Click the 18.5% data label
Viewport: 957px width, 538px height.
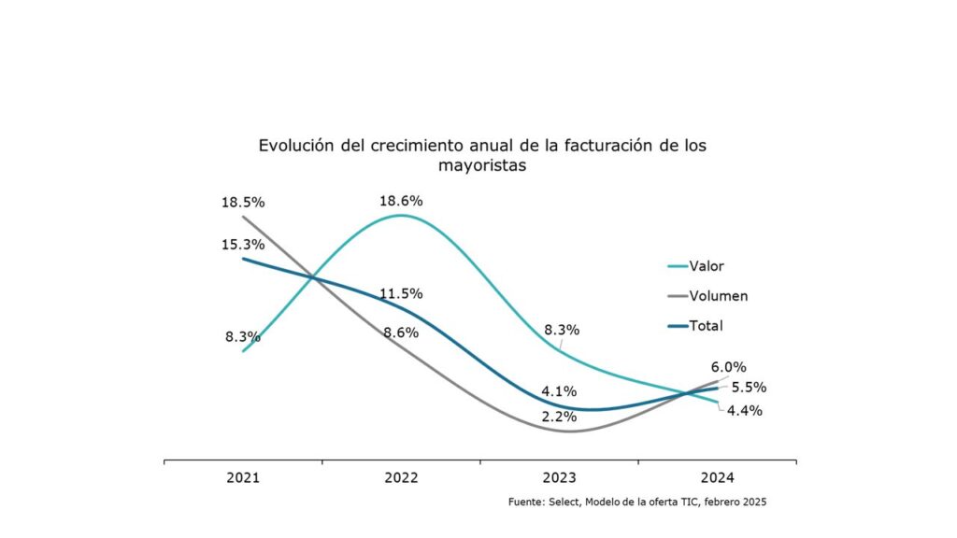243,202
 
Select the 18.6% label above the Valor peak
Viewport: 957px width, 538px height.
401,201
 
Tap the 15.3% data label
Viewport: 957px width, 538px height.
243,245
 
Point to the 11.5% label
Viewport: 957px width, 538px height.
401,293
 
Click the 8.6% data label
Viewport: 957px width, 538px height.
401,333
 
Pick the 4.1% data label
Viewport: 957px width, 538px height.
559,391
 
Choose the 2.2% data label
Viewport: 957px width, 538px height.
559,417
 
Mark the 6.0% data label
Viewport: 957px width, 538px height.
729,367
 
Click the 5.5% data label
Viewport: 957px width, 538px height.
749,388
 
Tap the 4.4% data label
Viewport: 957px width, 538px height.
745,411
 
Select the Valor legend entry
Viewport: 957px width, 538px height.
696,266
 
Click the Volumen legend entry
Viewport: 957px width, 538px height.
708,296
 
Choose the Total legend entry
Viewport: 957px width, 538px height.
695,326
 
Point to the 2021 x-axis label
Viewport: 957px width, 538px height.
243,477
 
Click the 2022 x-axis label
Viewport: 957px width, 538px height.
401,477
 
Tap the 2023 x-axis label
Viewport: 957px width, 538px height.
559,477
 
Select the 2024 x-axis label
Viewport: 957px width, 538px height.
717,477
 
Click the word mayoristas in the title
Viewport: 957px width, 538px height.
482,166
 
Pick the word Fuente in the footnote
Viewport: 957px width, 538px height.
525,502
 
